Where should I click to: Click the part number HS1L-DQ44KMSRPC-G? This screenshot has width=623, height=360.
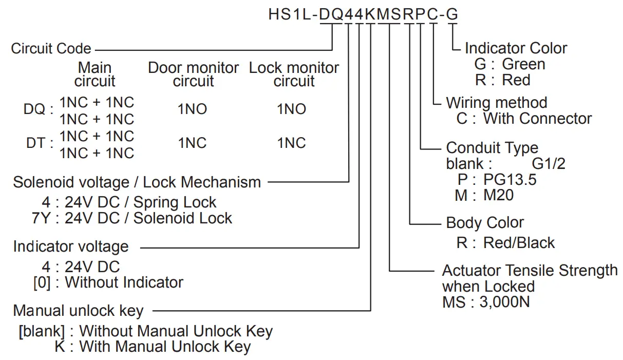click(x=363, y=14)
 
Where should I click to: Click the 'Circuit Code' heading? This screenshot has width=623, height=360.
click(x=51, y=49)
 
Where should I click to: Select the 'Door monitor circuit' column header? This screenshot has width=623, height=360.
click(x=193, y=74)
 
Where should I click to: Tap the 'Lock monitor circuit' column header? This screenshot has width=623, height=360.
click(x=294, y=74)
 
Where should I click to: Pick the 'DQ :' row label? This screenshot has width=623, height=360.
click(x=39, y=110)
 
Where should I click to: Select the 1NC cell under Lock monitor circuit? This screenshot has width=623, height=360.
click(x=292, y=143)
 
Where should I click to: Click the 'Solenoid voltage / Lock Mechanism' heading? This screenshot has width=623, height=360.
click(x=137, y=182)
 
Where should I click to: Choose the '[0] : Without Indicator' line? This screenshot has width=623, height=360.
click(x=108, y=282)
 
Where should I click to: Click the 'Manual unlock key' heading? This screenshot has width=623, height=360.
click(x=78, y=311)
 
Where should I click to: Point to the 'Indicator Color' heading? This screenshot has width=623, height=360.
click(x=516, y=48)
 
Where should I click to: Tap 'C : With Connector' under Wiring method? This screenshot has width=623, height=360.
click(x=524, y=119)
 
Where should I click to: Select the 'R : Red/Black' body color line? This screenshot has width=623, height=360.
click(x=505, y=242)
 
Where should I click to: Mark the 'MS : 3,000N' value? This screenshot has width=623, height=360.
click(x=486, y=301)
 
